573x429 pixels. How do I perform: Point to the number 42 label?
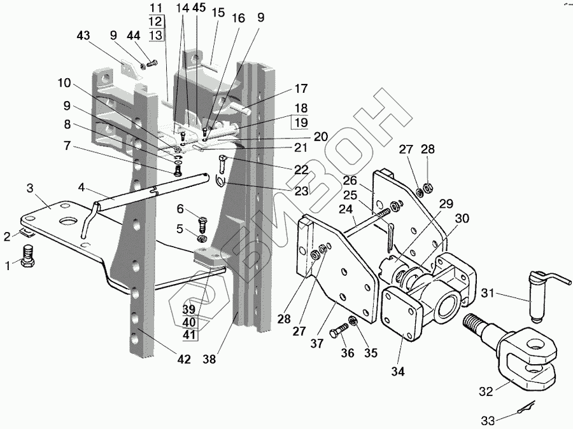point(184,360)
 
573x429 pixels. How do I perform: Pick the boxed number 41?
point(188,335)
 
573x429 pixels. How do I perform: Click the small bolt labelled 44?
point(152,63)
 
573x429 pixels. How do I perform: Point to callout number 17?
point(301,88)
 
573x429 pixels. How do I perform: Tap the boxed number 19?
point(301,122)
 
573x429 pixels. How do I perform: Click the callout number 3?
point(30,189)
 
